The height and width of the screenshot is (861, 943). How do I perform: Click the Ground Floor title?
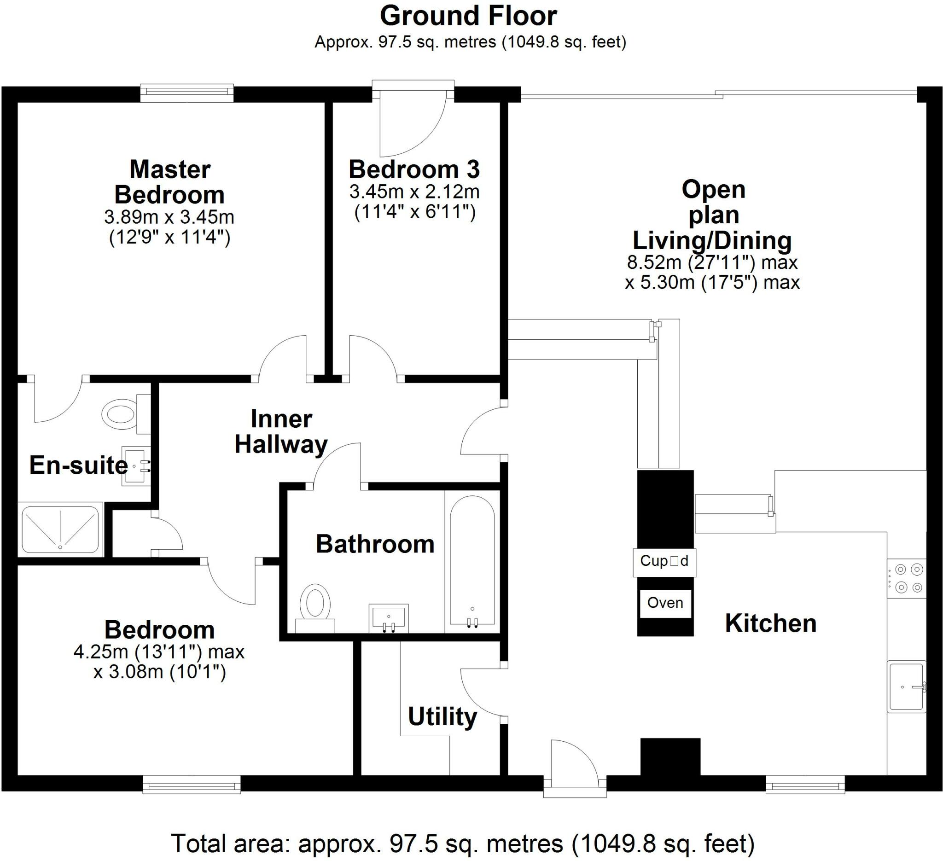[468, 17]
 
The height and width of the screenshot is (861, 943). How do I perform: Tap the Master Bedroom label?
[170, 182]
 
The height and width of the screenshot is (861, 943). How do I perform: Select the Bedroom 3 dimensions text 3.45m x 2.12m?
[414, 192]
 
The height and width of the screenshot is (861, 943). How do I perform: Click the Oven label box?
[665, 603]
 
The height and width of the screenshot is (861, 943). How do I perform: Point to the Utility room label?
[442, 716]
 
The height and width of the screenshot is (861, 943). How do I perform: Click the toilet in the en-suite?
[126, 414]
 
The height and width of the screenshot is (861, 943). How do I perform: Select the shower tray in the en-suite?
[60, 530]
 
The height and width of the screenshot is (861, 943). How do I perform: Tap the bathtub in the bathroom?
[472, 560]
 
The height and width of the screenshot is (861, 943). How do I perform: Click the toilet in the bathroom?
[315, 608]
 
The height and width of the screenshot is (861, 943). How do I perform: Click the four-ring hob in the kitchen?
[907, 578]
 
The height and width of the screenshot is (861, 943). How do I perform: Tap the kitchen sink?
[907, 686]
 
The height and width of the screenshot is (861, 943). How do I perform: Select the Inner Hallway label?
[281, 432]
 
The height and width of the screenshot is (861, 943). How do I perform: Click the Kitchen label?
[770, 623]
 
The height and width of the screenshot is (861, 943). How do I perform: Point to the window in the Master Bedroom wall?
[187, 93]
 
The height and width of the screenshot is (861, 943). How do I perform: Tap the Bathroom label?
[375, 544]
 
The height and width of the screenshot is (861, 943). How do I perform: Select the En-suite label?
[79, 465]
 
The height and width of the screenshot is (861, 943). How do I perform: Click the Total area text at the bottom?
[463, 844]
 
